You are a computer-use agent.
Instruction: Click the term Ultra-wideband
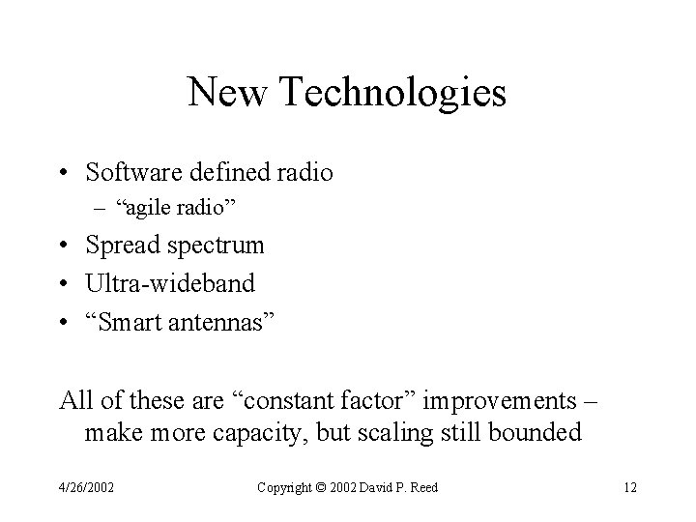pos(170,283)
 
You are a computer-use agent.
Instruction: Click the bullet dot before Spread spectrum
pos(65,246)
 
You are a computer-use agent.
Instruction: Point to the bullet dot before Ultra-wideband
pos(65,283)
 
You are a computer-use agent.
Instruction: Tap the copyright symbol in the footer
pos(320,487)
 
